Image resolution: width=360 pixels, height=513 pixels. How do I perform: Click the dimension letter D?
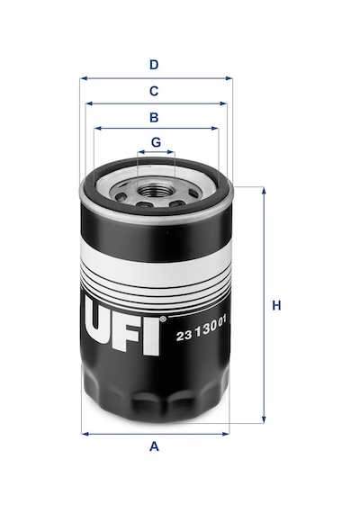pyautogui.click(x=154, y=65)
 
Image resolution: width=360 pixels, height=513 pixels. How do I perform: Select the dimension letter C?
pyautogui.click(x=154, y=91)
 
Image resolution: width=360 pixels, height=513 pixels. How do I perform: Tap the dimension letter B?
pyautogui.click(x=154, y=117)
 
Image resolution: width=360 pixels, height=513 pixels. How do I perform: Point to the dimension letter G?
pyautogui.click(x=156, y=142)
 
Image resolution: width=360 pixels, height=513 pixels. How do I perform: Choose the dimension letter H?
pyautogui.click(x=276, y=306)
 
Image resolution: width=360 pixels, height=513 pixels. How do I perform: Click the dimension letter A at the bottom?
pyautogui.click(x=154, y=445)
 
